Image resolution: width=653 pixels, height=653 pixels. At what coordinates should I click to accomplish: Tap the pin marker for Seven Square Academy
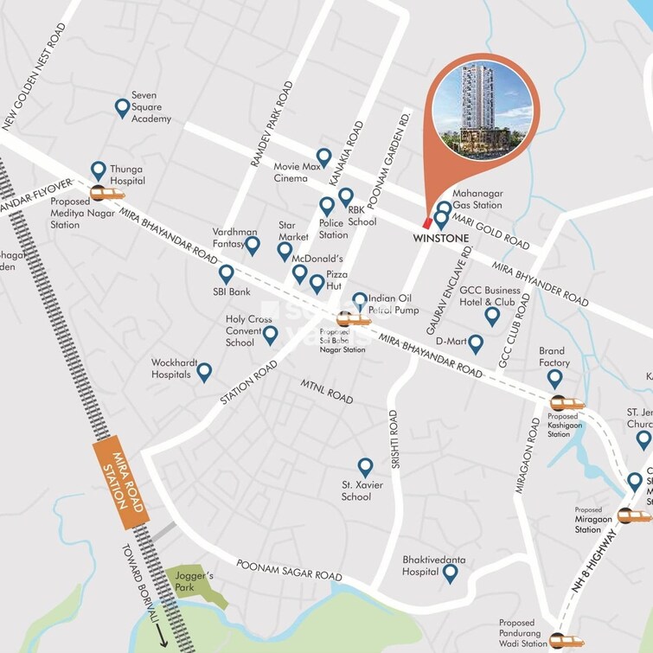click(122, 108)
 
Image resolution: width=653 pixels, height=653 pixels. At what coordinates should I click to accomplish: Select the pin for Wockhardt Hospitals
click(204, 372)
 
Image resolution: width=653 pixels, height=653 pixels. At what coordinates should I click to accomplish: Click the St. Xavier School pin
click(365, 467)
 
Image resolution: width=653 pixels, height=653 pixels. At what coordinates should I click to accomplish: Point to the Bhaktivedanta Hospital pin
click(449, 572)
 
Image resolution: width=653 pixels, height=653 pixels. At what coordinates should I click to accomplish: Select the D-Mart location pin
click(475, 344)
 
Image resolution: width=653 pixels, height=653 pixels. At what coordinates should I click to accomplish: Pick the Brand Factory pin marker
click(554, 378)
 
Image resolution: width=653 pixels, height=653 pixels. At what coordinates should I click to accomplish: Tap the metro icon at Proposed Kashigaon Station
click(567, 403)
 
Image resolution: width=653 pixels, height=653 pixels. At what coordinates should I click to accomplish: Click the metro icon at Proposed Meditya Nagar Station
click(107, 194)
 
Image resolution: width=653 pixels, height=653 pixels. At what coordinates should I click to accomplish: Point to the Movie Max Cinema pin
click(323, 157)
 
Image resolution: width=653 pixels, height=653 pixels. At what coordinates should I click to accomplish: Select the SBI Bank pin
click(227, 274)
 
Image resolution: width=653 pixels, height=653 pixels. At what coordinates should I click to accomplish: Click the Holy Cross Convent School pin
click(271, 335)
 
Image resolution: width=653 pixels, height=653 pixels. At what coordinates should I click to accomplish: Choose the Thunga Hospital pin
click(99, 170)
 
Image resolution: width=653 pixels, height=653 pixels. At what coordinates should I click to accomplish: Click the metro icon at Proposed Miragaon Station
click(633, 515)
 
